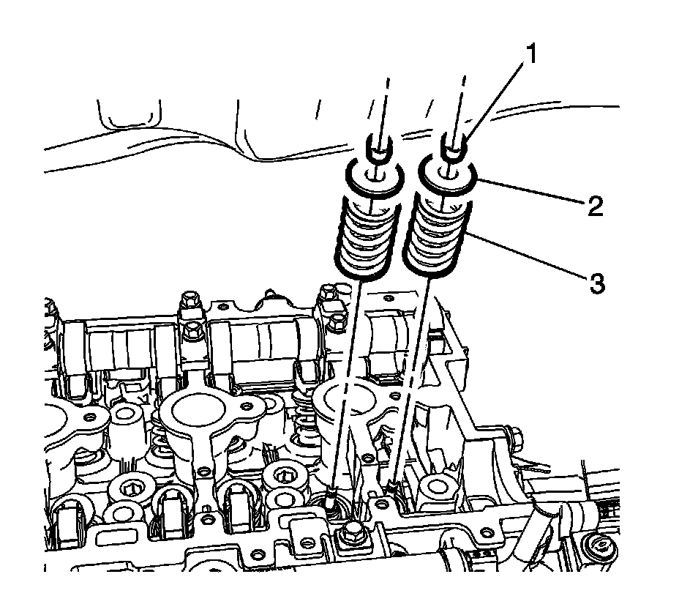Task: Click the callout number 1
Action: (x=533, y=56)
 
